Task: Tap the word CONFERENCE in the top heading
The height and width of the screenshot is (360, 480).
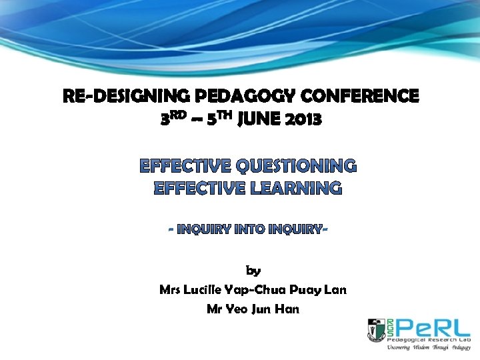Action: tap(361, 97)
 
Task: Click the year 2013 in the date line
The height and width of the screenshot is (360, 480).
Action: tap(302, 120)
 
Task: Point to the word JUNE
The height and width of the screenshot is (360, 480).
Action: tap(255, 120)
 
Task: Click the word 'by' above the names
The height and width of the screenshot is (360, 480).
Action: tap(253, 271)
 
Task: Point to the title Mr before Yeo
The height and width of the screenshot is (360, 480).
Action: tap(214, 309)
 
